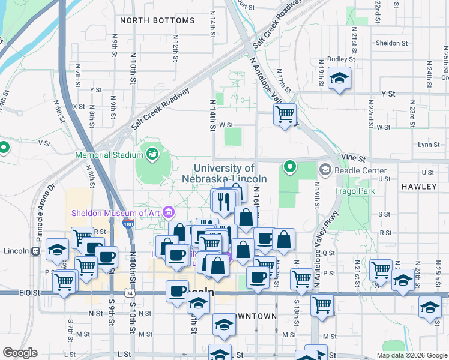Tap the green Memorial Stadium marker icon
coord(152,154)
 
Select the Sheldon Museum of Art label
coord(115,212)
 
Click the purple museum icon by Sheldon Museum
coord(169,212)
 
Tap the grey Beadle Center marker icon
coord(325,170)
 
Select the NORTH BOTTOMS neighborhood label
coord(157,20)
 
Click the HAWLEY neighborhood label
coord(420,187)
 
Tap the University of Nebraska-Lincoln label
coord(224,173)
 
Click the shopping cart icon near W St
coord(285,113)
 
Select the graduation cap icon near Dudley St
coord(340,79)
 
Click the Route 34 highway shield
coord(130,293)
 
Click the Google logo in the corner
coord(20,353)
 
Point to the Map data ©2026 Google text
coord(411,355)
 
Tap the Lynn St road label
coord(429,145)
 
